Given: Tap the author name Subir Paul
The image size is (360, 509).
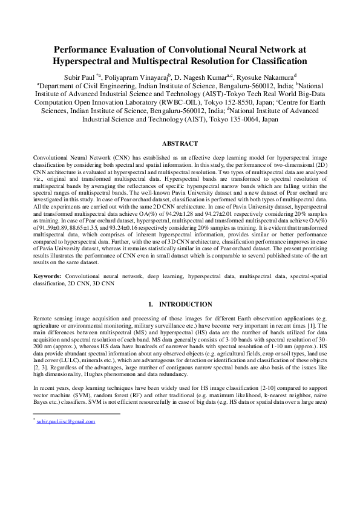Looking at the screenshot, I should coord(79,77).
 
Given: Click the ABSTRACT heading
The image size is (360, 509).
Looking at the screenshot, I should coord(180,144).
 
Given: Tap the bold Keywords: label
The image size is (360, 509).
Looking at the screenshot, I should coord(48,276).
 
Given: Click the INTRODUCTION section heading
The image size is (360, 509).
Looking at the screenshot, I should coord(185,304).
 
